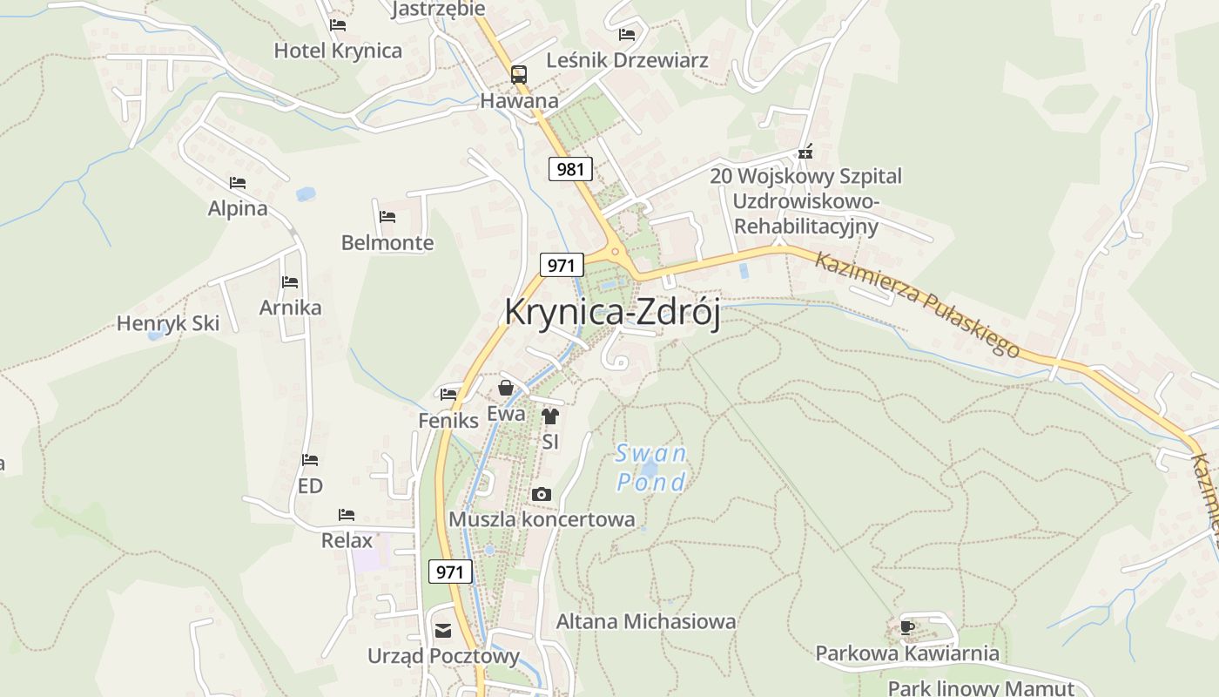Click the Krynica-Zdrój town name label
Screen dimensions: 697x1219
(612, 313)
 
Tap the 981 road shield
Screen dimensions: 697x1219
(570, 169)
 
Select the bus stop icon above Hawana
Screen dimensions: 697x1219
(519, 74)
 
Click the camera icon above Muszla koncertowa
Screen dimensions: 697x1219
(542, 495)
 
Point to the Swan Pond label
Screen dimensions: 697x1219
(651, 468)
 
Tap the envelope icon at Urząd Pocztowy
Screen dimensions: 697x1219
(443, 631)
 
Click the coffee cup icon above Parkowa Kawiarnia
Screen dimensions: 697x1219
(906, 626)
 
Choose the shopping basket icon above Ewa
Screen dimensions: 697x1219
(506, 389)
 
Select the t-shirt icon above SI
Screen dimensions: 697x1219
(549, 416)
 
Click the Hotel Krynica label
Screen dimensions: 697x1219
(338, 51)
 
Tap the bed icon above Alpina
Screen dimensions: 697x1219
(238, 183)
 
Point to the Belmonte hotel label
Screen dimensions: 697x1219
(387, 242)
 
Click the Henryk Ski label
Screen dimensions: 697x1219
(168, 323)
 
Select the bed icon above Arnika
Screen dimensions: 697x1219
(290, 282)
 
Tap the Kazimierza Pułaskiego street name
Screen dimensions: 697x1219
(916, 304)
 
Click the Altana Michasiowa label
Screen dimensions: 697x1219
(646, 621)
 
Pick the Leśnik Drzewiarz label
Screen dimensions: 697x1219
(627, 60)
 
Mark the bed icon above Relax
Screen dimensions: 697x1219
(347, 515)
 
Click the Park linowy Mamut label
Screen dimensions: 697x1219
(981, 687)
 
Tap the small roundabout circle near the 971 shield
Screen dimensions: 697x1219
(616, 253)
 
